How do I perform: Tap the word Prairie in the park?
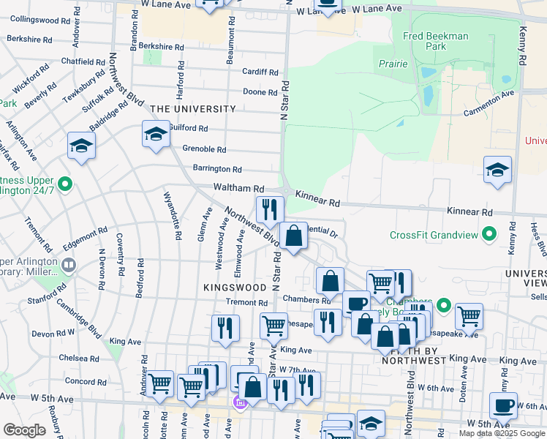393,64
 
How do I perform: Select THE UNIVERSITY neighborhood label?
193,109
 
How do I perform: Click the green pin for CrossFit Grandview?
491,235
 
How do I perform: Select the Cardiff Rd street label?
261,72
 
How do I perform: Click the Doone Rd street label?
260,92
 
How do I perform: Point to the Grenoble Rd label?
204,149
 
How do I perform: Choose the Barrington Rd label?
216,169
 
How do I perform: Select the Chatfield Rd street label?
80,61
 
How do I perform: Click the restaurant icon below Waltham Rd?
269,209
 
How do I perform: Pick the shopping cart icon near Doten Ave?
469,316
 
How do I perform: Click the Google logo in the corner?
24,430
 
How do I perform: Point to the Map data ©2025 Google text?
502,433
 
